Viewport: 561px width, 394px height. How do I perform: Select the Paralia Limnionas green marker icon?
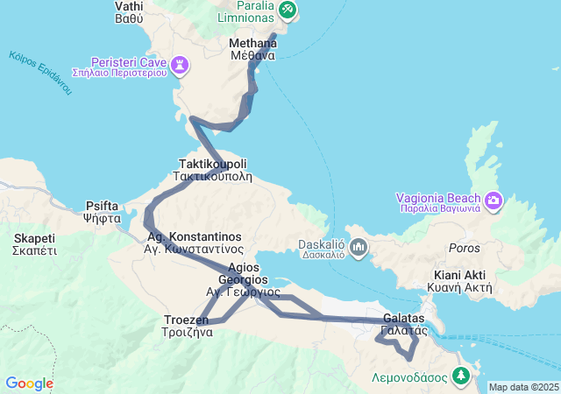pyautogui.click(x=288, y=11)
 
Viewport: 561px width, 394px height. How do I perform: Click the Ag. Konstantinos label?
pyautogui.click(x=193, y=243)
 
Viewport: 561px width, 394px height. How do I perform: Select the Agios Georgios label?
pyautogui.click(x=243, y=279)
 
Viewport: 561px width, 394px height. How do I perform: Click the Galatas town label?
pyautogui.click(x=404, y=323)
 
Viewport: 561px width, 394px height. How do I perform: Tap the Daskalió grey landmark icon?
pyautogui.click(x=358, y=248)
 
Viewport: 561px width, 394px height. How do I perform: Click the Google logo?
pyautogui.click(x=29, y=383)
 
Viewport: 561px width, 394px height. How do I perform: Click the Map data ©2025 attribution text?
pyautogui.click(x=523, y=387)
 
